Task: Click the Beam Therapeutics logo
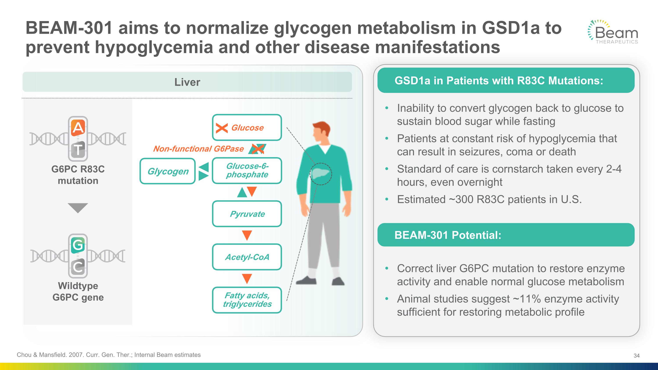pyautogui.click(x=613, y=32)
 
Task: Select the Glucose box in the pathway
pyautogui.click(x=247, y=127)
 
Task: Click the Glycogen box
pyautogui.click(x=168, y=171)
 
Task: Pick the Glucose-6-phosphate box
pyautogui.click(x=247, y=170)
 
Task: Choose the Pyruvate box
pyautogui.click(x=247, y=214)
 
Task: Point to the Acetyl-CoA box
pyautogui.click(x=247, y=257)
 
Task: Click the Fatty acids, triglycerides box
pyautogui.click(x=247, y=300)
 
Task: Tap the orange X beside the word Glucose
pyautogui.click(x=222, y=128)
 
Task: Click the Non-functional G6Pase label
pyautogui.click(x=198, y=149)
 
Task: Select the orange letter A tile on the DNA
pyautogui.click(x=78, y=127)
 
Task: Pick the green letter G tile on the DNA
pyautogui.click(x=78, y=245)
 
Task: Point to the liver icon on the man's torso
pyautogui.click(x=321, y=174)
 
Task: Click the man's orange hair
pyautogui.click(x=322, y=128)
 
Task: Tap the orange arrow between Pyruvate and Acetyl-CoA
pyautogui.click(x=247, y=235)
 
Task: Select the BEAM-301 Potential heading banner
pyautogui.click(x=506, y=235)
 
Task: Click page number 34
pyautogui.click(x=636, y=356)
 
